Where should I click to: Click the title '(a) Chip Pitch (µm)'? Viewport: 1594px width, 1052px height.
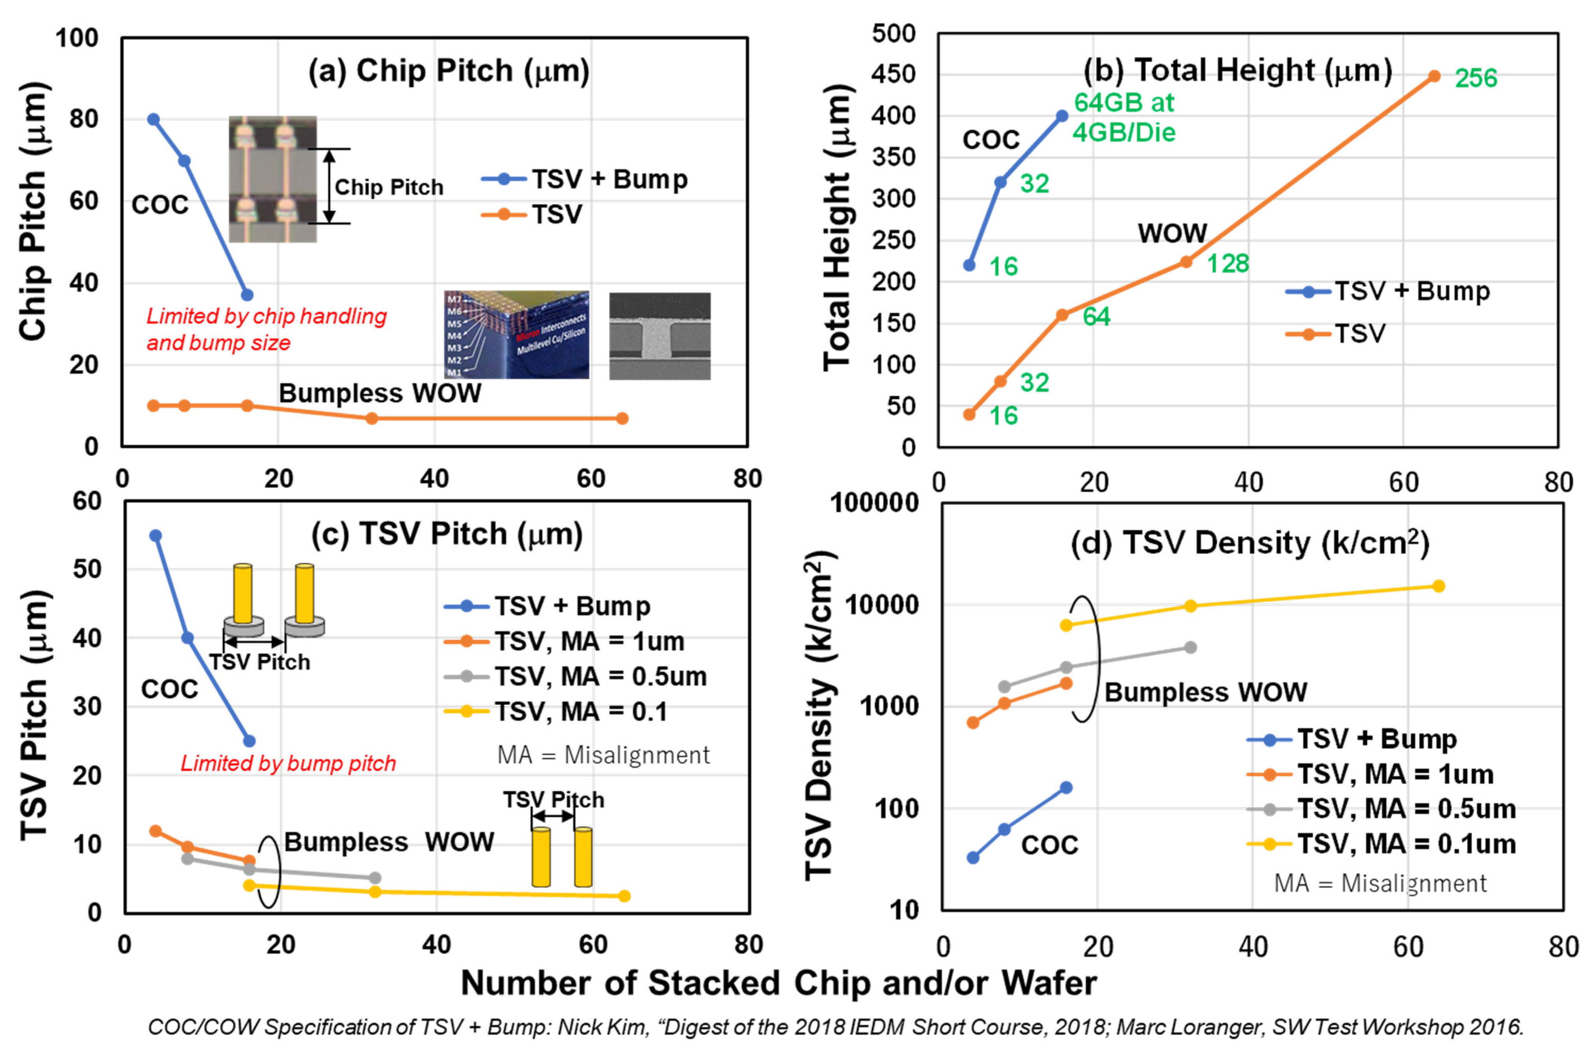click(448, 70)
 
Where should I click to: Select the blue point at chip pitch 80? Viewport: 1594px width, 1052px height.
click(153, 119)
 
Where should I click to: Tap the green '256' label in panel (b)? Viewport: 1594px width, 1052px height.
click(1476, 79)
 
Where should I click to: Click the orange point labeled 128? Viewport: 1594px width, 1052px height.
click(1186, 262)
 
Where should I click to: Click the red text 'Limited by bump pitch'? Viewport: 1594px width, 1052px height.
click(288, 764)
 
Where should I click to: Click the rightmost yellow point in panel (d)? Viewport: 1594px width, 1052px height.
click(1438, 586)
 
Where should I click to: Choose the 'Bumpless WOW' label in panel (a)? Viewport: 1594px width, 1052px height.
click(380, 393)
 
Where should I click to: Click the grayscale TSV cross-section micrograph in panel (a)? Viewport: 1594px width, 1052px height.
click(659, 336)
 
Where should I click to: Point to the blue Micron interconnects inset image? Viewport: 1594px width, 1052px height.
click(516, 335)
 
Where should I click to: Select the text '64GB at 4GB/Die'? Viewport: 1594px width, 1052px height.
click(1124, 117)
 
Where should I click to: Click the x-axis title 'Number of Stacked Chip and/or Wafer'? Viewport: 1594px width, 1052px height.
click(779, 984)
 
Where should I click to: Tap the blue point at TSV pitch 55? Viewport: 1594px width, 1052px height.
click(155, 536)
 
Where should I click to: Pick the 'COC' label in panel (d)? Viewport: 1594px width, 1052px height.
click(1049, 845)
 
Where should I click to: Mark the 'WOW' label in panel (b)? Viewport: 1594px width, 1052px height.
click(1172, 234)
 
